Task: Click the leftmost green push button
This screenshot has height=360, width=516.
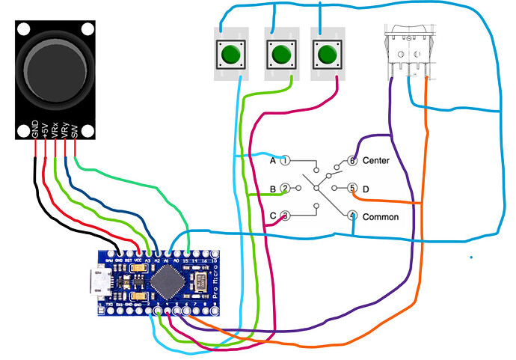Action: point(232,55)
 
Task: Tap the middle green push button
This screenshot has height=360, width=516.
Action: point(280,55)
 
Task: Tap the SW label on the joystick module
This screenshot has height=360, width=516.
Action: point(76,129)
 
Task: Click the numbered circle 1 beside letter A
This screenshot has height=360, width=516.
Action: point(286,160)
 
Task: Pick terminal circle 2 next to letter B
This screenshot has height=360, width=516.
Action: point(286,189)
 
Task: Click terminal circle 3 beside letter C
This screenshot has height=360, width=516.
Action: point(286,216)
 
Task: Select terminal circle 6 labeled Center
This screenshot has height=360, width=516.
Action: point(351,161)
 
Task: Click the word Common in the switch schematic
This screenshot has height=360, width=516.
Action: point(380,217)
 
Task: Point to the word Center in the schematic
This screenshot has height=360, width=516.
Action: point(375,161)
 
